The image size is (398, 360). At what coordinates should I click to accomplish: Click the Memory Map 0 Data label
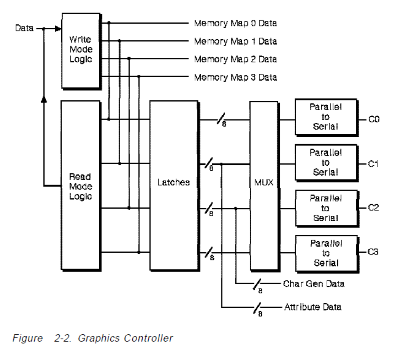click(235, 23)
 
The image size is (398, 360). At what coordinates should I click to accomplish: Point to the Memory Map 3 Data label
click(235, 77)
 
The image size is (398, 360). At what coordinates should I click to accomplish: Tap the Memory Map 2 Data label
click(235, 59)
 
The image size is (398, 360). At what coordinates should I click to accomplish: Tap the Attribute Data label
click(313, 307)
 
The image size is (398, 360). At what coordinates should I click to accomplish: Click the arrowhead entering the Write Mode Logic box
click(58, 29)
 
